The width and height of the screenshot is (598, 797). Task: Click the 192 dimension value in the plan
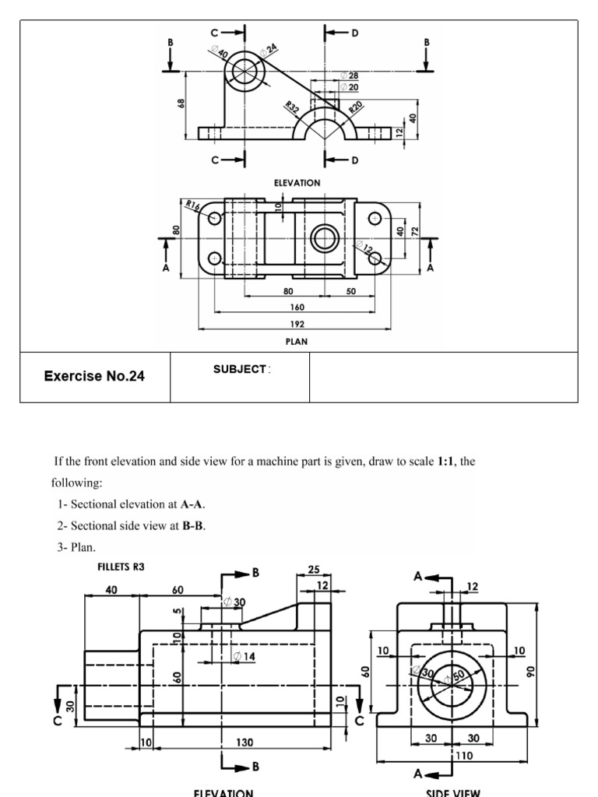pos(297,324)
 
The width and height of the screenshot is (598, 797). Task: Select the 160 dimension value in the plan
pos(297,307)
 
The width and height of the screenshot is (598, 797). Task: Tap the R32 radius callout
pos(292,107)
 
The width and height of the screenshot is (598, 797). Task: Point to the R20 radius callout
pos(355,107)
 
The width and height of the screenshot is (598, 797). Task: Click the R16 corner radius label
pos(193,205)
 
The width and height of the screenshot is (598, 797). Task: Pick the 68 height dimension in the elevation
pos(180,104)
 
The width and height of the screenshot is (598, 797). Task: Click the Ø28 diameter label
pos(350,75)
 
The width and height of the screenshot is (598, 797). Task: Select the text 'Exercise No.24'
pos(94,376)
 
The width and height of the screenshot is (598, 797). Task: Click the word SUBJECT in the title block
pos(240,370)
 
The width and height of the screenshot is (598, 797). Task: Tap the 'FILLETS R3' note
pos(121,567)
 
